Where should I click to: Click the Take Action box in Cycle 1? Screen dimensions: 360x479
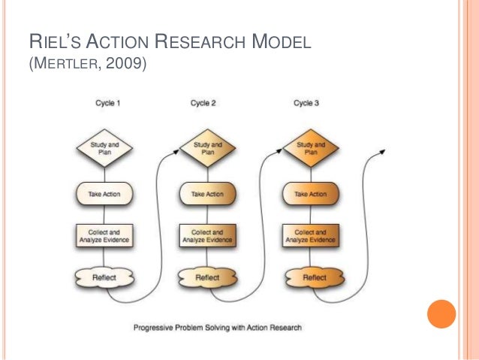tap(104, 194)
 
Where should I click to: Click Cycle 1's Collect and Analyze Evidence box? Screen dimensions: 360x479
tap(104, 236)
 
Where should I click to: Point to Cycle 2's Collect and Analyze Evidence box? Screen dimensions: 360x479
tap(207, 236)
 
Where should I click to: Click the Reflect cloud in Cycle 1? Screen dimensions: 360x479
tap(104, 277)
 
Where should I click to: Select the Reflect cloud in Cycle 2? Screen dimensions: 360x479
tap(207, 277)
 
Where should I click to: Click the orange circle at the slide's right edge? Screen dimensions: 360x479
tap(441, 314)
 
